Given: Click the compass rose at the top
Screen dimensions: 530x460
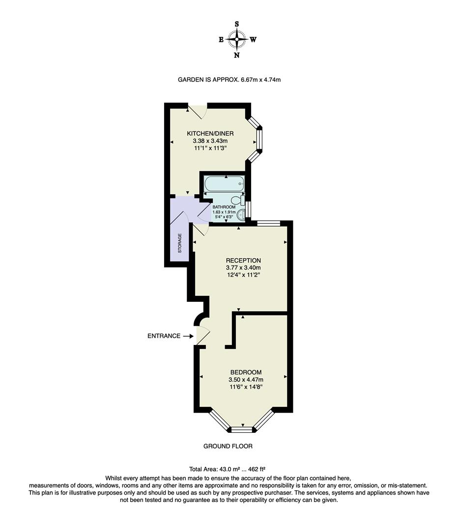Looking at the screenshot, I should (237, 39).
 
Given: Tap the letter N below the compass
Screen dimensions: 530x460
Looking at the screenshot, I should (237, 55).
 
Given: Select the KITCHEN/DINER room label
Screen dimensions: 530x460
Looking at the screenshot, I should (210, 133).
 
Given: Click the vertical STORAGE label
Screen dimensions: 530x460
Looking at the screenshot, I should (180, 242).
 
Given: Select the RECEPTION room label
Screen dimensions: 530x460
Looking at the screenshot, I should (243, 260).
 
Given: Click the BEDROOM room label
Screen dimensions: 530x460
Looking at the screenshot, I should (246, 372).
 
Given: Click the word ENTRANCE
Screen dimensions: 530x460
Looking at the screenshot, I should (164, 336).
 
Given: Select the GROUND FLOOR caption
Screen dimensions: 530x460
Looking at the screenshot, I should (228, 446).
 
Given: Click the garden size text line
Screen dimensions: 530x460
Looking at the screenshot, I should (229, 79).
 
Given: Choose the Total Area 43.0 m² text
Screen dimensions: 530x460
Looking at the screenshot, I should (228, 469).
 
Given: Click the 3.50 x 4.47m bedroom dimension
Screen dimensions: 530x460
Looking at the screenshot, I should (246, 379).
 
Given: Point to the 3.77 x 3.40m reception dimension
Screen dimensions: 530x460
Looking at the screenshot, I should (243, 267).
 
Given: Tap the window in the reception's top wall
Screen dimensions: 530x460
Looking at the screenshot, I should (268, 223).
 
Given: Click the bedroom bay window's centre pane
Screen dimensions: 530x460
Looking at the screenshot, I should (242, 430).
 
